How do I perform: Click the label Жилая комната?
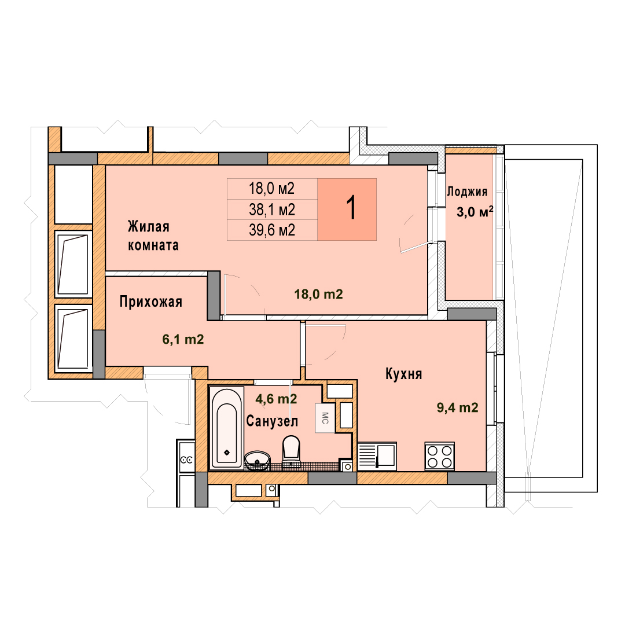pyautogui.click(x=153, y=236)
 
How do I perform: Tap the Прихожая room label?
pyautogui.click(x=150, y=302)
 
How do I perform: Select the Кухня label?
pyautogui.click(x=403, y=374)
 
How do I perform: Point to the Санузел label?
pyautogui.click(x=272, y=421)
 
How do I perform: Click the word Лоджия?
pyautogui.click(x=467, y=192)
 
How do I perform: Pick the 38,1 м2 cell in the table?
pyautogui.click(x=272, y=209)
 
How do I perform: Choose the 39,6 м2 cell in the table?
pyautogui.click(x=272, y=230)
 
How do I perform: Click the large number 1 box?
pyautogui.click(x=347, y=209)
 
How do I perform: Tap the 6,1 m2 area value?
pyautogui.click(x=183, y=339)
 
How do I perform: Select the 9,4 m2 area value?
pyautogui.click(x=458, y=407)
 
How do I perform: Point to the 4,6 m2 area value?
pyautogui.click(x=276, y=399)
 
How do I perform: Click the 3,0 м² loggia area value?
pyautogui.click(x=475, y=212)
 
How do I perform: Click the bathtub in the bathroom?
pyautogui.click(x=226, y=427)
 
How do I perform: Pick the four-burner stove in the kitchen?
pyautogui.click(x=440, y=457)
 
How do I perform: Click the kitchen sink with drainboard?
pyautogui.click(x=377, y=457)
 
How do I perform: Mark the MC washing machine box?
pyautogui.click(x=325, y=418)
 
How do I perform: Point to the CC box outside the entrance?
pyautogui.click(x=186, y=460)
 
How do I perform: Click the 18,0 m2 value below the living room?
pyautogui.click(x=318, y=294)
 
